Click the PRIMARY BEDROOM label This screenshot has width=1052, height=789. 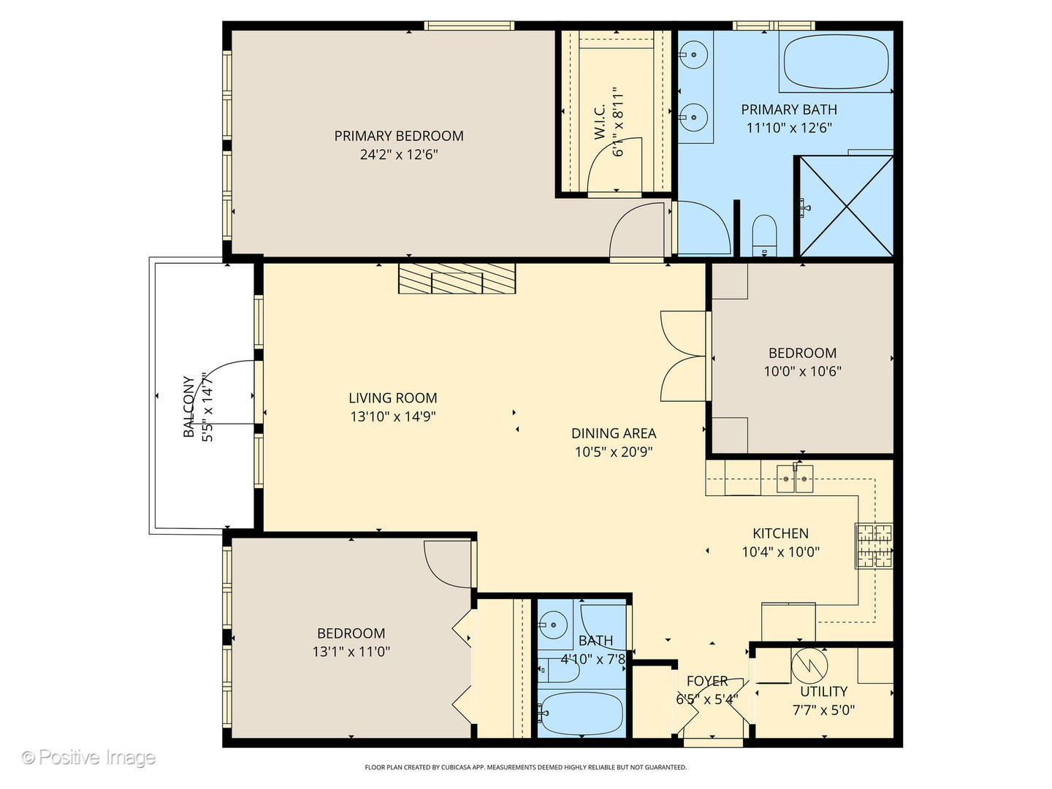[399, 136]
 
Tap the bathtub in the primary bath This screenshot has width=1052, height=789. [836, 62]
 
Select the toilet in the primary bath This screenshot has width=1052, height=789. [764, 235]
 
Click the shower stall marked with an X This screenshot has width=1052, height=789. [847, 206]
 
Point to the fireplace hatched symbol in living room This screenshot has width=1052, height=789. [457, 278]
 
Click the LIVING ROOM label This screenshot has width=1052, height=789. [392, 398]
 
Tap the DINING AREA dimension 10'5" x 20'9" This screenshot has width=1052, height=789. [614, 451]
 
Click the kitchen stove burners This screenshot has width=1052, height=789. [874, 546]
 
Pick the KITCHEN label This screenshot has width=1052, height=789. [780, 533]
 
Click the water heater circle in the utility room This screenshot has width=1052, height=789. [809, 666]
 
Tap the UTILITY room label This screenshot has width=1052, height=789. [824, 691]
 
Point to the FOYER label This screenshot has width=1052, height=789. [707, 681]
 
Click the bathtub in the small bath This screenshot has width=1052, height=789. [582, 714]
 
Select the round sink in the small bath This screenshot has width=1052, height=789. [553, 625]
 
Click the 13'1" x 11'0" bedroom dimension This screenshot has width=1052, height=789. [351, 652]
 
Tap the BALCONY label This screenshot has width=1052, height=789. [188, 407]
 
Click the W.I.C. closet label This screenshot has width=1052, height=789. [600, 122]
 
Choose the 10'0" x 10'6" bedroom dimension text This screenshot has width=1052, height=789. [802, 371]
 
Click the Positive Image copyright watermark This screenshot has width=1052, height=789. [89, 757]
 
